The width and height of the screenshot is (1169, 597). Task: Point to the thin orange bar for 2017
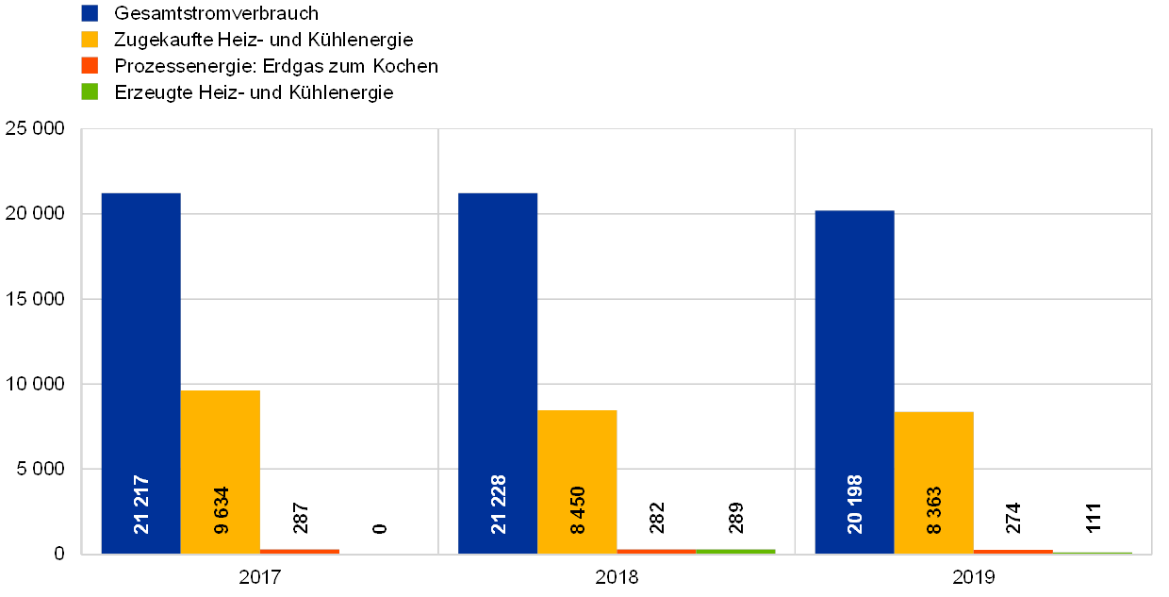click(x=300, y=551)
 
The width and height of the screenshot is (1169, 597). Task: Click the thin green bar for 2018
click(x=735, y=551)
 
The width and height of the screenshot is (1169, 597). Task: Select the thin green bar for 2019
click(x=1092, y=553)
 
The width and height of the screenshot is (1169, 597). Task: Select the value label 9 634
click(x=222, y=510)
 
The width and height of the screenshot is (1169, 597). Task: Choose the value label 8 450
click(x=578, y=510)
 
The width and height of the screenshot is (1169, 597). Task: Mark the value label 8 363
click(x=934, y=510)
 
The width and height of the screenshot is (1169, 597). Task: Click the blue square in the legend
click(x=90, y=12)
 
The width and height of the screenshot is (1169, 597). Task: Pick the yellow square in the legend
click(x=90, y=39)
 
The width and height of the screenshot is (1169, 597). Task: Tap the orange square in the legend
click(x=90, y=65)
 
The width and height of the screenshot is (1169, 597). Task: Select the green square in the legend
click(x=90, y=91)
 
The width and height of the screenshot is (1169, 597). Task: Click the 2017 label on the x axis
click(x=260, y=576)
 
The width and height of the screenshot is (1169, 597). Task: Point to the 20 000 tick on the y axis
click(x=35, y=215)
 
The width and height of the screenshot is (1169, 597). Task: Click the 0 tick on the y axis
click(x=59, y=555)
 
